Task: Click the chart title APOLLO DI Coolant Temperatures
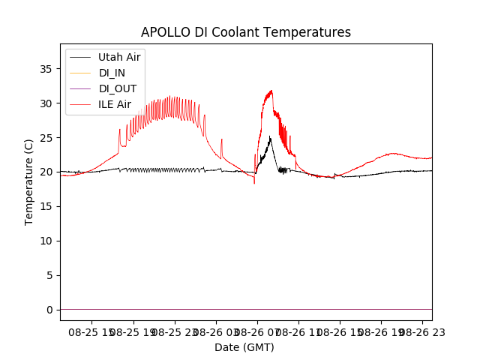246,32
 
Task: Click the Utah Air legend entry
119,57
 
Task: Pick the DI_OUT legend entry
118,88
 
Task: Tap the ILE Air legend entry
115,104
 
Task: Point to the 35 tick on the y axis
46,69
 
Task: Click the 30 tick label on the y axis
46,103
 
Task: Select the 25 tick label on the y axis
46,138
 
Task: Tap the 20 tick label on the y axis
46,172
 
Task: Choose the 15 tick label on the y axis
46,206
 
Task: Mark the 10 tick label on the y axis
46,241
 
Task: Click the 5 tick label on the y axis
49,275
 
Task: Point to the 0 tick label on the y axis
49,310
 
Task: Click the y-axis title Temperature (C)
29,181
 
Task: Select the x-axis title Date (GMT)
244,347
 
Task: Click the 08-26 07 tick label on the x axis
257,331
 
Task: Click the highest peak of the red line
271,91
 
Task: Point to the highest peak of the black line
270,136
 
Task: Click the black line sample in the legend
81,57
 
